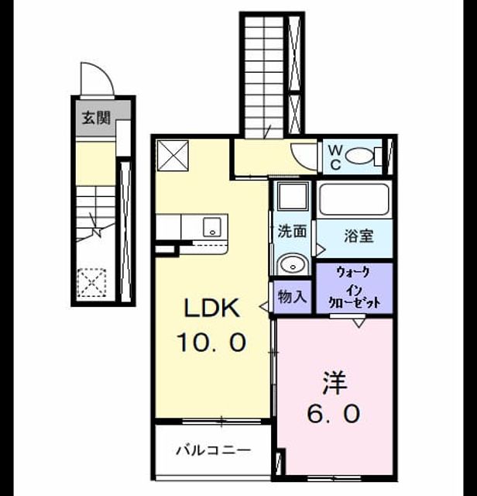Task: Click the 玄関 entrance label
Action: pyautogui.click(x=96, y=118)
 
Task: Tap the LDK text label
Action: pyautogui.click(x=211, y=308)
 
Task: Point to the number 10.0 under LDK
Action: pyautogui.click(x=211, y=342)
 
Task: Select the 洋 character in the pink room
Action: pyautogui.click(x=334, y=384)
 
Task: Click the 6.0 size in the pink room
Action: pyautogui.click(x=334, y=414)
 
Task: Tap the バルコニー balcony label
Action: pyautogui.click(x=214, y=449)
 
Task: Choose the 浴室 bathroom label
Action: pyautogui.click(x=359, y=236)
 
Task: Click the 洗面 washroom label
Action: pyautogui.click(x=292, y=231)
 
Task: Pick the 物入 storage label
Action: pyautogui.click(x=292, y=297)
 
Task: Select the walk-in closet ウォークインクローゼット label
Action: pyautogui.click(x=355, y=288)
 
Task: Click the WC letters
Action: pyautogui.click(x=335, y=157)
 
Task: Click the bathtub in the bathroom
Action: pyautogui.click(x=354, y=200)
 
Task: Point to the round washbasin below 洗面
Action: pyautogui.click(x=293, y=264)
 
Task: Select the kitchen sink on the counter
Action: pyautogui.click(x=212, y=227)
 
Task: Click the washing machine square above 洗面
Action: pyautogui.click(x=293, y=196)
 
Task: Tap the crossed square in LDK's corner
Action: pyautogui.click(x=173, y=156)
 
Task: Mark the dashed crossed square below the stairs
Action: pyautogui.click(x=91, y=282)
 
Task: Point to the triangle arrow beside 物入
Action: pyautogui.click(x=263, y=306)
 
